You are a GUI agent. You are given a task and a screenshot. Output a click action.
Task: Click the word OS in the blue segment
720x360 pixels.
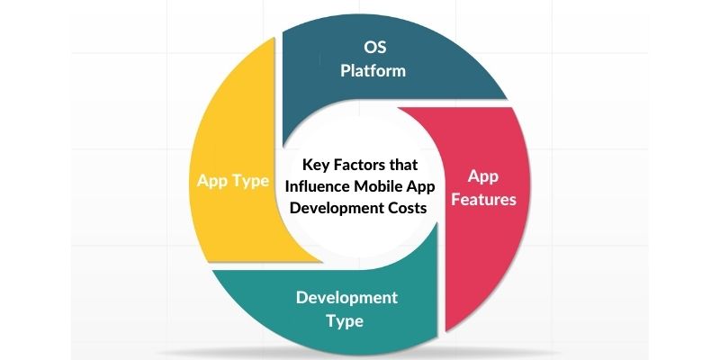[373, 46]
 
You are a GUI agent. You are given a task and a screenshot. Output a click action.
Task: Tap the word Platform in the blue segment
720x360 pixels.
[373, 69]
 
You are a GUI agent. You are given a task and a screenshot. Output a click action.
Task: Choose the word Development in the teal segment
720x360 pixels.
[346, 297]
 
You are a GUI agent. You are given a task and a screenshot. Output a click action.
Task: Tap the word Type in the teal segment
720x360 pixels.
[346, 320]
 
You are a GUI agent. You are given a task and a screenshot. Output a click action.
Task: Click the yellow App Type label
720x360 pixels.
[233, 181]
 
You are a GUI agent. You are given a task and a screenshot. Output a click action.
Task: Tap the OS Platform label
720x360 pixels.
[373, 58]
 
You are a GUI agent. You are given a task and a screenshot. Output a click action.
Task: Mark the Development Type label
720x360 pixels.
[346, 309]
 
